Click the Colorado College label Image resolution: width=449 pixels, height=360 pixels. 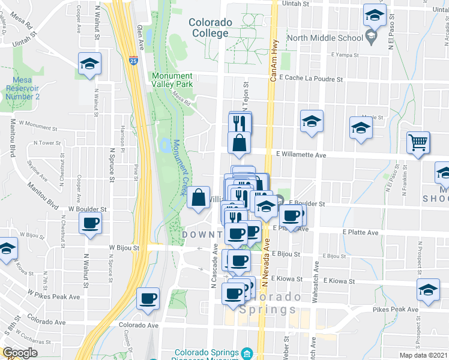coord(210,28)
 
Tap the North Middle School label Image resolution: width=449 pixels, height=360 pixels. coord(325,38)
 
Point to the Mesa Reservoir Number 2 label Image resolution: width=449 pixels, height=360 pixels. coord(23,88)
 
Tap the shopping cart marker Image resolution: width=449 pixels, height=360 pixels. coord(418,143)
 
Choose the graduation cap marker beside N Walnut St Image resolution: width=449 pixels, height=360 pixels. coord(89,63)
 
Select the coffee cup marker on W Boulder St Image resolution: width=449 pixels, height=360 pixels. coord(91,223)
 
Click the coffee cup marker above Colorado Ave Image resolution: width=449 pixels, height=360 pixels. coord(148,298)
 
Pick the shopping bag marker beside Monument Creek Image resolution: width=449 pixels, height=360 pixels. coord(198,197)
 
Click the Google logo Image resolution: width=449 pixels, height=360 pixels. coord(19,353)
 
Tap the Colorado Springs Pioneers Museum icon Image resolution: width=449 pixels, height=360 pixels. coord(247,353)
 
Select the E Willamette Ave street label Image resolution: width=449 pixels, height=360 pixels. coord(301,154)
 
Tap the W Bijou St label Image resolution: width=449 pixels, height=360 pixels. coord(124,247)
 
